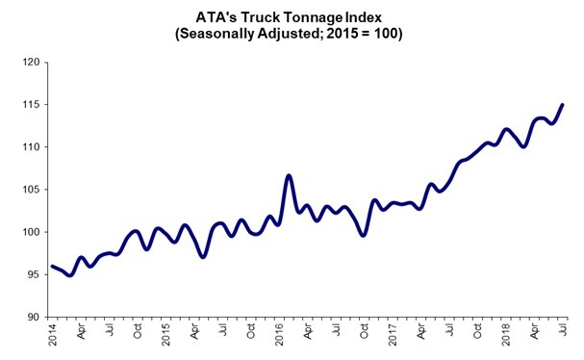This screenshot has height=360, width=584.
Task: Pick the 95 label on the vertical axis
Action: click(30, 274)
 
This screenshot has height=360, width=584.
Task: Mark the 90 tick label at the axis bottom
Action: click(30, 317)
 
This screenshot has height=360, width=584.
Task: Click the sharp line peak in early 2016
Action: click(289, 175)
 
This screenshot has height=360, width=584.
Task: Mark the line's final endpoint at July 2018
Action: click(563, 105)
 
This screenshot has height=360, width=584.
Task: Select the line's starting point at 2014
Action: click(52, 267)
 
